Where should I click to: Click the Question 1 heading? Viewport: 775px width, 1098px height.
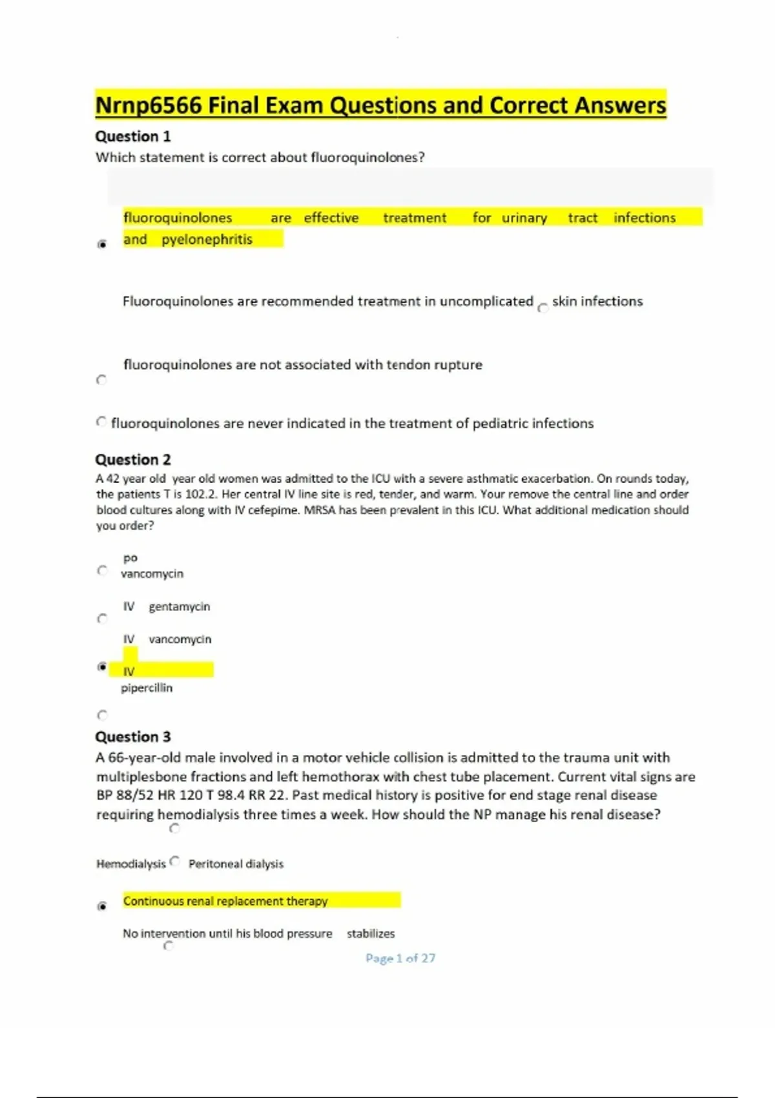[x=133, y=136]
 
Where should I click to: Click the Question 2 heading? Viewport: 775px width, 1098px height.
[x=133, y=459]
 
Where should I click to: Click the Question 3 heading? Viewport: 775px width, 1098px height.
[x=133, y=736]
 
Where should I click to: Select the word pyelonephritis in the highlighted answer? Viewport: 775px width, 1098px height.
[x=207, y=239]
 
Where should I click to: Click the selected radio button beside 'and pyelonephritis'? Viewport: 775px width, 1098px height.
[x=101, y=244]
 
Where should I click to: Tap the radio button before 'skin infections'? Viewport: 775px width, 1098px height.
[x=542, y=307]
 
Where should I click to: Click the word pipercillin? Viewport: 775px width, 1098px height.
[x=147, y=688]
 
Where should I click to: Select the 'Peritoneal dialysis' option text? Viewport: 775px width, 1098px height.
[x=236, y=864]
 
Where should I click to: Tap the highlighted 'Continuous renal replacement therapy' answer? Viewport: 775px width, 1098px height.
[x=225, y=900]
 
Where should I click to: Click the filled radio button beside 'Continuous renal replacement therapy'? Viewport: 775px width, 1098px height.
[x=101, y=906]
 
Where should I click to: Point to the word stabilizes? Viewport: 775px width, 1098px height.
[x=371, y=933]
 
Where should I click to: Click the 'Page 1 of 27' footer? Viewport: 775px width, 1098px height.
[x=400, y=958]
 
